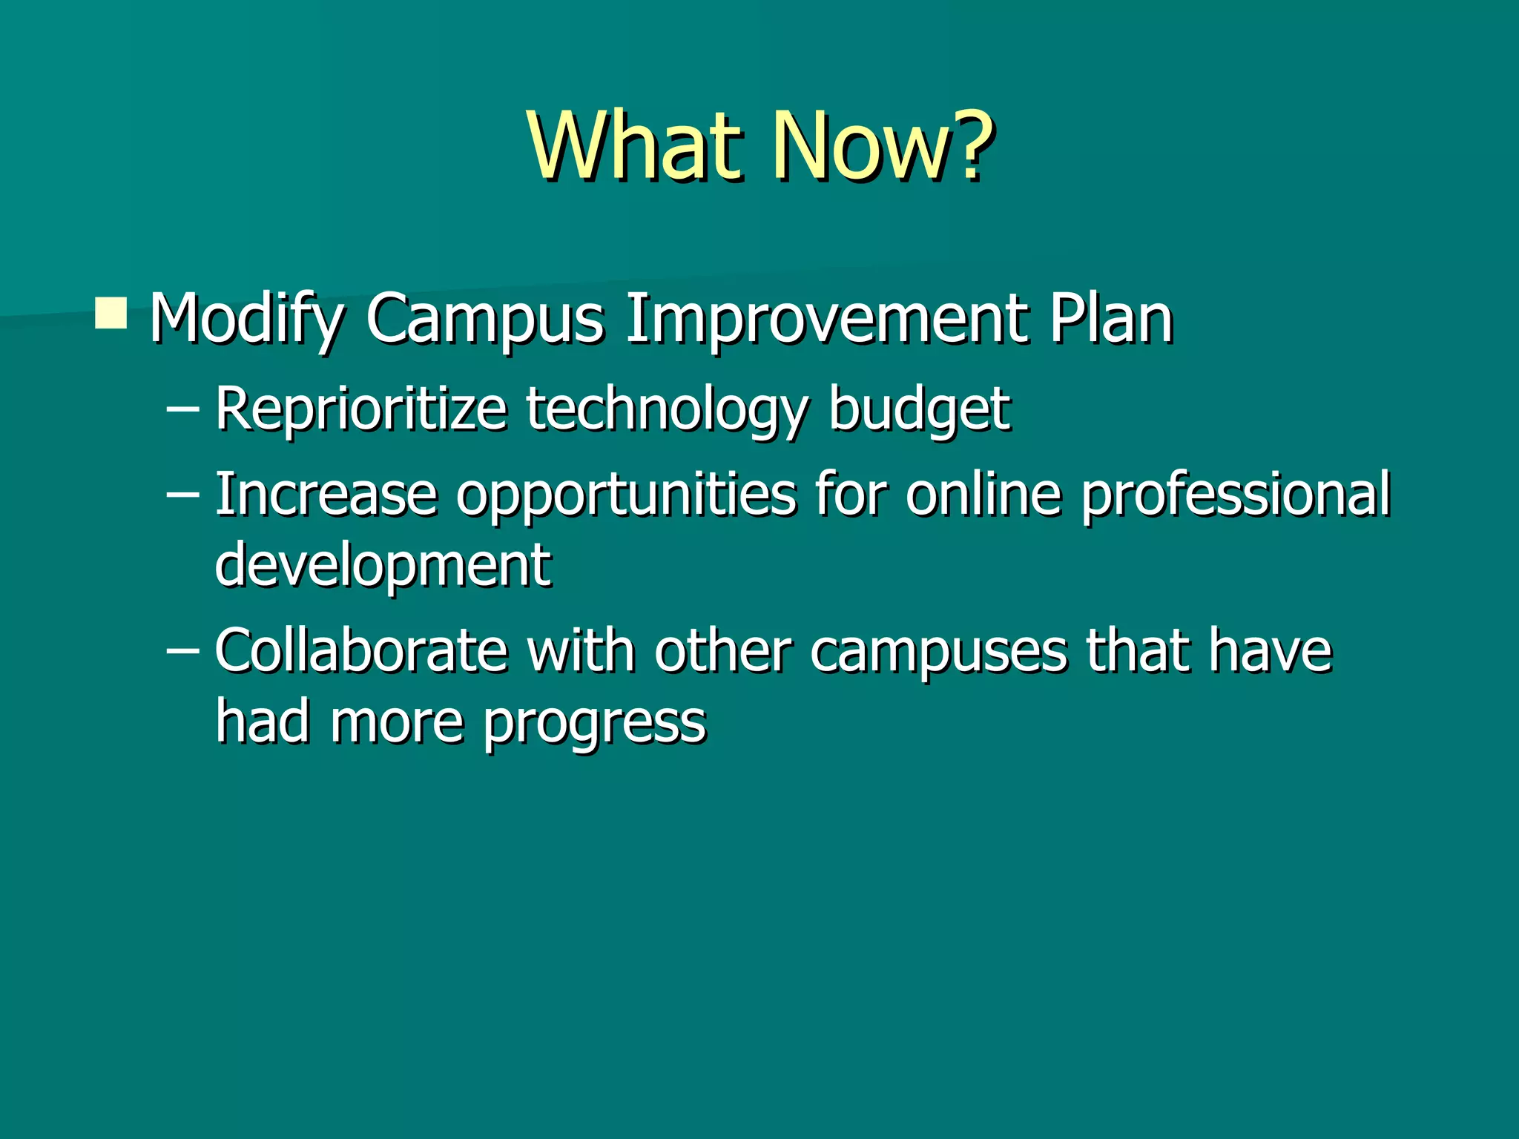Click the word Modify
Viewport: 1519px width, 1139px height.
[x=245, y=319]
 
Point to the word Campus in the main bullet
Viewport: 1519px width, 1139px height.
[x=485, y=319]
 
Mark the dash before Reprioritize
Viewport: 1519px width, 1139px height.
[x=183, y=409]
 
